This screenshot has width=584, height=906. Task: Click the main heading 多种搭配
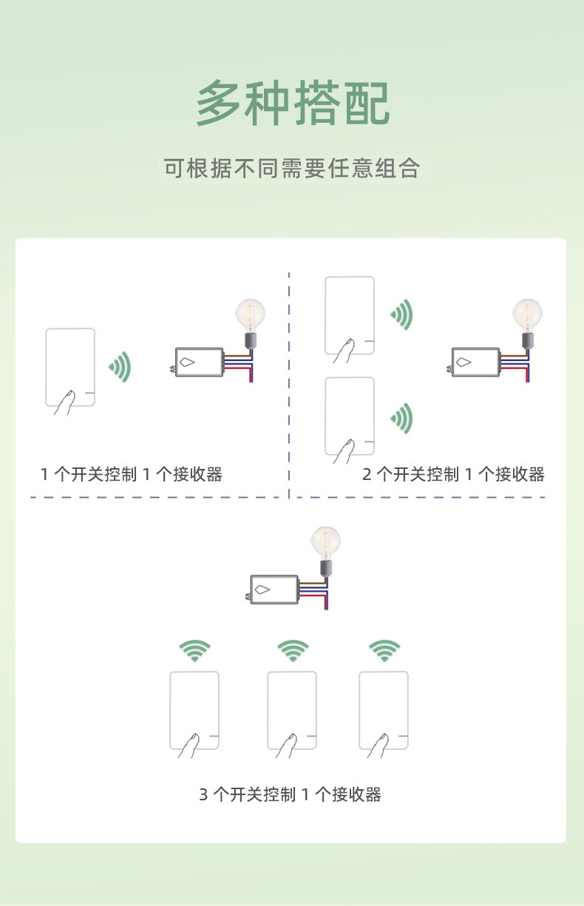pos(292,104)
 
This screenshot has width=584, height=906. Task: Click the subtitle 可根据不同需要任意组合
pos(292,168)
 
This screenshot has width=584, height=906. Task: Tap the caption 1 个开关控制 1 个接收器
pos(132,474)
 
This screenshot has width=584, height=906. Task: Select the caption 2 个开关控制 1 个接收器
pos(453,474)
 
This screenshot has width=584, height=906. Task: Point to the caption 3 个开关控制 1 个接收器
pos(291,794)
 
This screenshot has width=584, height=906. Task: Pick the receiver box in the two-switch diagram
pos(475,362)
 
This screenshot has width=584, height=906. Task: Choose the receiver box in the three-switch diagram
pos(274,590)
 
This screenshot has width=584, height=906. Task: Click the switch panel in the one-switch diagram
pos(70,368)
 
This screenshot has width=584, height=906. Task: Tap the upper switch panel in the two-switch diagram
pos(350,316)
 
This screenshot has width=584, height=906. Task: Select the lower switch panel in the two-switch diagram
pos(350,416)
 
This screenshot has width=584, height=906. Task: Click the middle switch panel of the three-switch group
pos(292,711)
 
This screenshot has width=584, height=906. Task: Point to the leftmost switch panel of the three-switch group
pos(194,711)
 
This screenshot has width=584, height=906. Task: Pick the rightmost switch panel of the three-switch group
pos(384,711)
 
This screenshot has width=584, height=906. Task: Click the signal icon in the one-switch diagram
pos(120,367)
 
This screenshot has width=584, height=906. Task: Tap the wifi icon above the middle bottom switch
pos(293,651)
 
